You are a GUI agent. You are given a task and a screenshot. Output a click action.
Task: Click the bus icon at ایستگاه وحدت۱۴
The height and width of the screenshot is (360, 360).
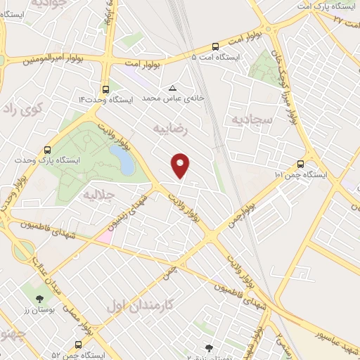click(105, 89)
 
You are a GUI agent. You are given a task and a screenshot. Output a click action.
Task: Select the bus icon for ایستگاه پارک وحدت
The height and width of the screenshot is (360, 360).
click(47, 150)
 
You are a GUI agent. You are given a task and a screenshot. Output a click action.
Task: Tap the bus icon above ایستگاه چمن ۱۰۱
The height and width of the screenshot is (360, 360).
click(301, 160)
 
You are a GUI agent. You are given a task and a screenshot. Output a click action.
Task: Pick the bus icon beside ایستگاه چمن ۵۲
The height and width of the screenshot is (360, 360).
click(77, 345)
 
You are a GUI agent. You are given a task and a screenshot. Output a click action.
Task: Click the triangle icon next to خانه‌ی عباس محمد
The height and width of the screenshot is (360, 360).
click(173, 88)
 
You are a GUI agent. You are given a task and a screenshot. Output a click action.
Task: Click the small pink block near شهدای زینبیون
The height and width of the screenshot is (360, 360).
click(104, 236)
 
